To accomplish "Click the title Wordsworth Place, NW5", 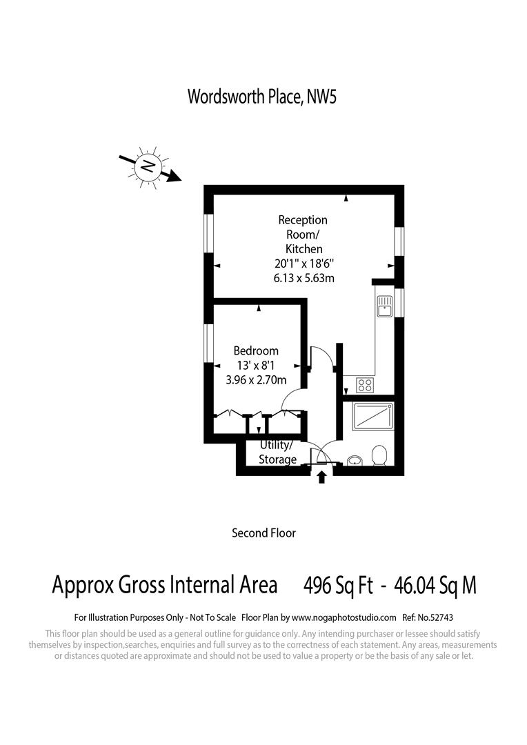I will point(262,96).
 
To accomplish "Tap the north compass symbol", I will point(148,165).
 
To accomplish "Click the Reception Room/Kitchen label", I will point(303,234).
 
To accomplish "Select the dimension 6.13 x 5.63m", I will point(304,278).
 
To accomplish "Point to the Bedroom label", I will point(256,350).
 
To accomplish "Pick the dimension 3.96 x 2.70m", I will point(256,379).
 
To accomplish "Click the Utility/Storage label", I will point(277,453).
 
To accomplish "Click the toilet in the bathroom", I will point(379,456).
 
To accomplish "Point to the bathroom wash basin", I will point(355,460).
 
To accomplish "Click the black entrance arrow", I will point(321,477).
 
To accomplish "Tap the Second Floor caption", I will point(263,533).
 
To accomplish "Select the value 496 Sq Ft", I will point(339,585).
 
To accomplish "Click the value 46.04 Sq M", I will point(435,585).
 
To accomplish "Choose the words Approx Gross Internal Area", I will point(165,585).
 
